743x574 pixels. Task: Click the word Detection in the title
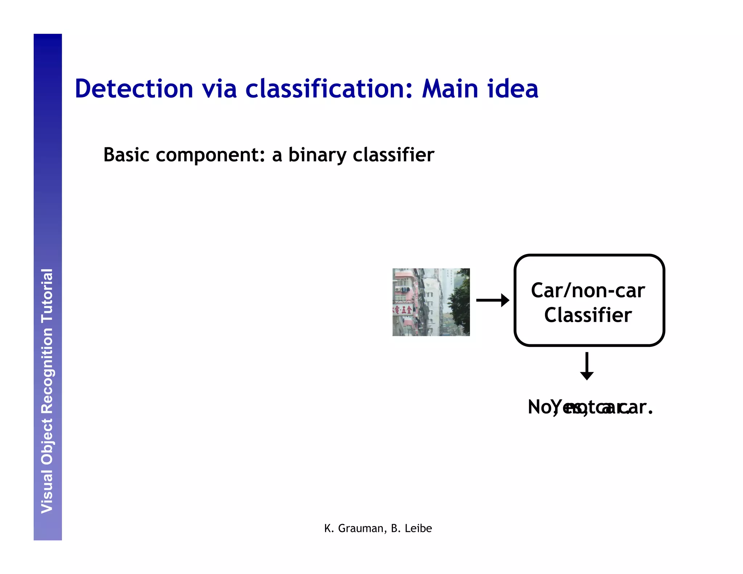[x=134, y=89]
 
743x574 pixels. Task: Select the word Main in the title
[x=450, y=89]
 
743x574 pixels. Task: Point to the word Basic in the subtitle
[x=126, y=155]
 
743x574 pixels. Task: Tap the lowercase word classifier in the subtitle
[x=393, y=155]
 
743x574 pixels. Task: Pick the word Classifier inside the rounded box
[x=588, y=315]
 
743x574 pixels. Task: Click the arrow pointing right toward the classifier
[x=492, y=300]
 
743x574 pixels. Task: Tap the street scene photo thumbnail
[x=431, y=302]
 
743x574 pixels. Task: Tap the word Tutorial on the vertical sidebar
[x=47, y=296]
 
